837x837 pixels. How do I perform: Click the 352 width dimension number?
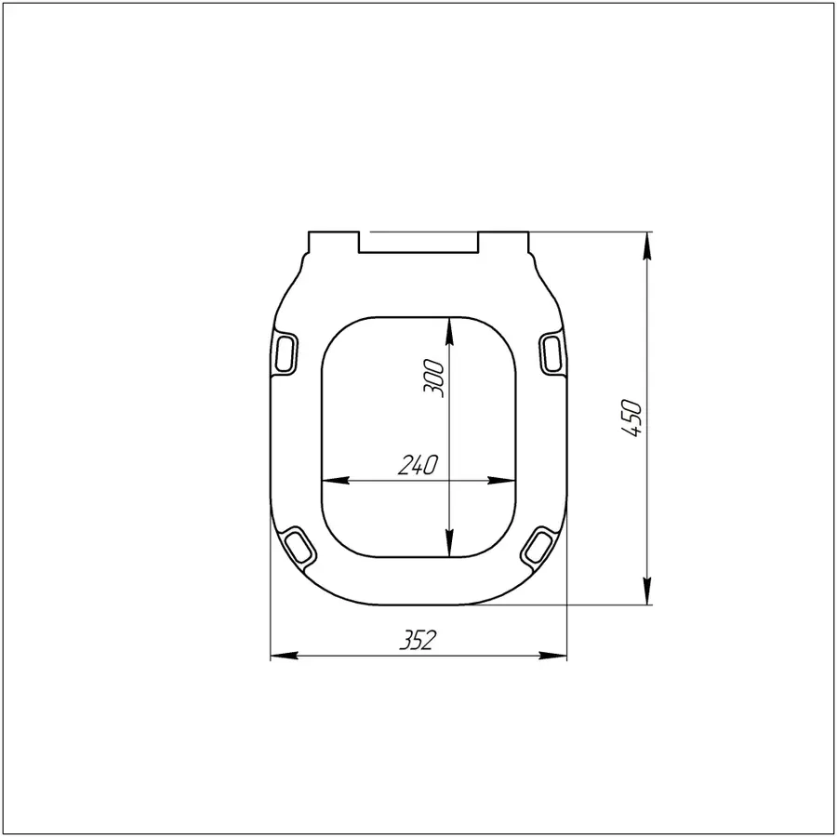pos(418,641)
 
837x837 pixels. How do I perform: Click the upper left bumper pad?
pos(289,353)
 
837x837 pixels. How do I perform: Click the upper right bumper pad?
pos(551,353)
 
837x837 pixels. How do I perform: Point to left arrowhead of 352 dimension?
pos(277,657)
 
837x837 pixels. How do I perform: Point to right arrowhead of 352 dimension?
pos(559,657)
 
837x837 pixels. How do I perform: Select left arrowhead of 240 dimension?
pos(331,481)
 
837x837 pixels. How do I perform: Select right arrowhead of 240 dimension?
pos(507,481)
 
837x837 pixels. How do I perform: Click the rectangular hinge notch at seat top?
pos(418,242)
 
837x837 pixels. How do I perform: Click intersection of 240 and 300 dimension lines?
pos(450,481)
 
